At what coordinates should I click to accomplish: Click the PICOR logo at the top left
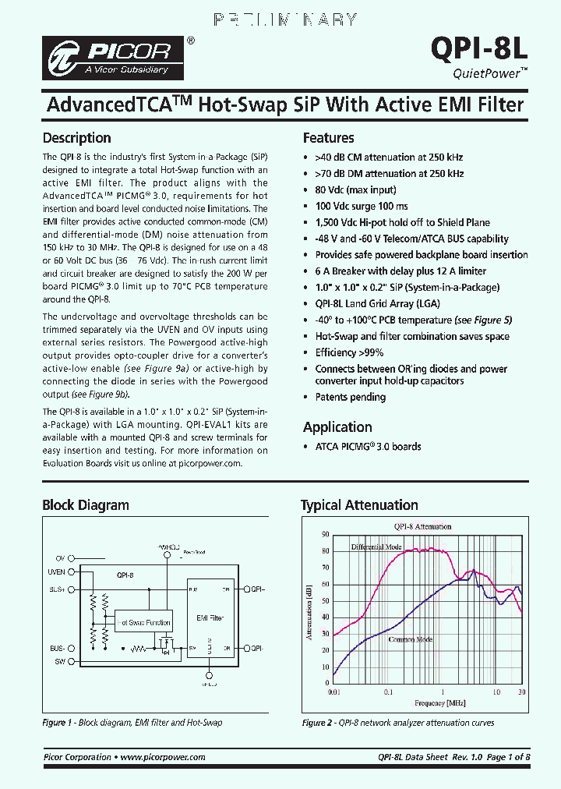pyautogui.click(x=115, y=57)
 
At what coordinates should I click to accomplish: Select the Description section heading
pyautogui.click(x=76, y=138)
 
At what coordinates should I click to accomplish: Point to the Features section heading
pyautogui.click(x=328, y=138)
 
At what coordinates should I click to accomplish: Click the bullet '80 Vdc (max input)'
pyautogui.click(x=355, y=189)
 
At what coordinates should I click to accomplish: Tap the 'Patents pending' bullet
pyautogui.click(x=350, y=397)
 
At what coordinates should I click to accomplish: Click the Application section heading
pyautogui.click(x=337, y=427)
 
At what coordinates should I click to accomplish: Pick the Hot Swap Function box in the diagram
pyautogui.click(x=143, y=622)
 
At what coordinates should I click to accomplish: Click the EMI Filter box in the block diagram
pyautogui.click(x=209, y=617)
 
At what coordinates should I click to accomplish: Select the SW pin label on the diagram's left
pyautogui.click(x=58, y=661)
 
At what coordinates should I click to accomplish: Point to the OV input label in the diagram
pyautogui.click(x=59, y=559)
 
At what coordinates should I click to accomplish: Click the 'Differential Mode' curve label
pyautogui.click(x=376, y=547)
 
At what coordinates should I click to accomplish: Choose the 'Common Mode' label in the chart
pyautogui.click(x=410, y=639)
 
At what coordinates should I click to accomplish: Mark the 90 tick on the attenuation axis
pyautogui.click(x=325, y=535)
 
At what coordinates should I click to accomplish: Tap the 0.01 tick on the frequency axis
pyautogui.click(x=333, y=692)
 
